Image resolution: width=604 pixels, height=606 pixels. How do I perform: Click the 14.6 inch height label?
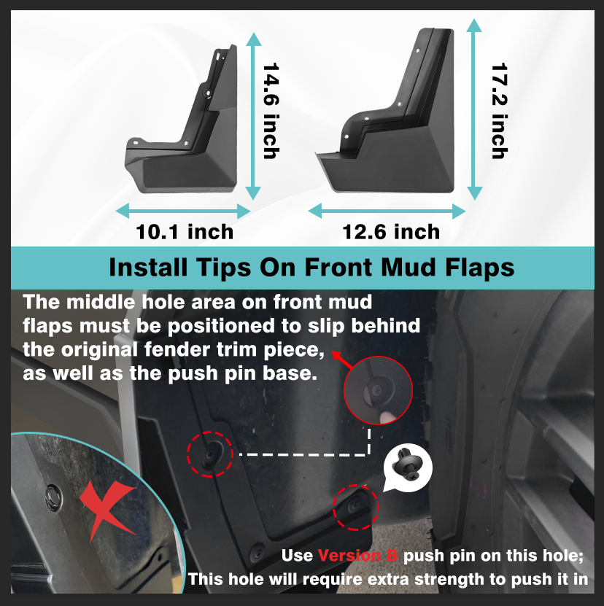click(x=271, y=112)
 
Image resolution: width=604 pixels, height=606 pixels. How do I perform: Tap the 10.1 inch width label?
click(x=185, y=232)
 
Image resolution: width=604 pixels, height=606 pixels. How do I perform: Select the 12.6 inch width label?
click(x=392, y=232)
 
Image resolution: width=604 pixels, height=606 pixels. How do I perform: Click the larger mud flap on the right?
click(x=395, y=131)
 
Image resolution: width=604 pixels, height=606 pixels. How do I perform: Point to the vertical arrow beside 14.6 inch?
click(x=253, y=115)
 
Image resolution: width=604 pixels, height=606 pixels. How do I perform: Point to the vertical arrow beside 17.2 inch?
click(x=475, y=109)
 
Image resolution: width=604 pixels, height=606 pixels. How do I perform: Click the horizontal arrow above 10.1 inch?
click(x=184, y=211)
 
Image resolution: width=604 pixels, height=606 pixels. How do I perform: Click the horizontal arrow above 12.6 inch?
click(x=387, y=211)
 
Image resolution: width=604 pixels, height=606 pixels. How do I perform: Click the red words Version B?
click(x=357, y=556)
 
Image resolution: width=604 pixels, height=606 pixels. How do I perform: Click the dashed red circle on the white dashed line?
click(x=211, y=453)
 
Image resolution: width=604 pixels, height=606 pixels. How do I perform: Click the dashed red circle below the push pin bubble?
click(x=356, y=507)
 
